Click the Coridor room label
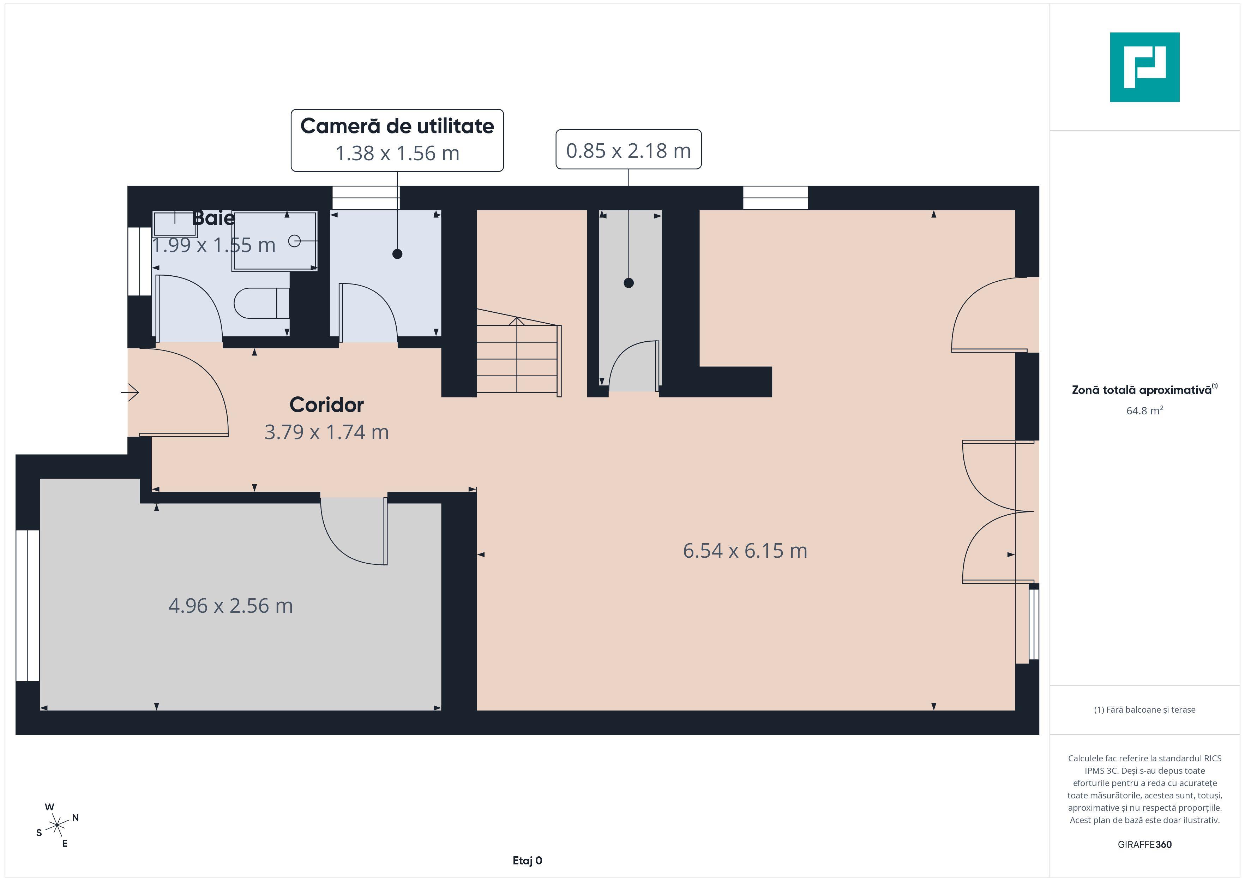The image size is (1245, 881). [326, 405]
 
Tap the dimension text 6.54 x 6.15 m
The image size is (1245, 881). [745, 551]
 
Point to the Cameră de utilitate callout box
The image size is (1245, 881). [397, 140]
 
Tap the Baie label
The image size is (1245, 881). [213, 218]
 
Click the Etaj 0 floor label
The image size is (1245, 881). [527, 861]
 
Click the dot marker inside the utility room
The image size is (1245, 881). [397, 254]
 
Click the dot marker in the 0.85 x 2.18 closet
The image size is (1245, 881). [628, 283]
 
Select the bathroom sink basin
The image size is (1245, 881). [175, 223]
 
